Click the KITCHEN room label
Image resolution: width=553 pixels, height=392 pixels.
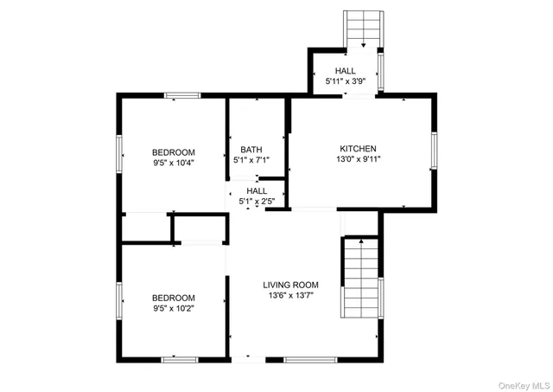point(358,148)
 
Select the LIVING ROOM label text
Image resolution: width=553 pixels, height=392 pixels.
point(291,285)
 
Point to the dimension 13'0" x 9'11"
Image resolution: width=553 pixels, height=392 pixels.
point(358,159)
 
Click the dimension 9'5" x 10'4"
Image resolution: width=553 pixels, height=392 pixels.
point(174,162)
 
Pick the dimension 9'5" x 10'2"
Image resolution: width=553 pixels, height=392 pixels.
point(174,308)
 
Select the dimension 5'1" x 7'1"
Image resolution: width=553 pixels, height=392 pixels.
point(251,160)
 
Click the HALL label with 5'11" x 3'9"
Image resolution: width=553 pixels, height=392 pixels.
point(345,71)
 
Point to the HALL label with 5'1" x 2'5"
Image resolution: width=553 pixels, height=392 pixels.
point(257,190)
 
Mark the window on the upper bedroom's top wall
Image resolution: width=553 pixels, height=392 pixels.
point(182,95)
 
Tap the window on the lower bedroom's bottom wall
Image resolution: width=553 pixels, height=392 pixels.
point(180,358)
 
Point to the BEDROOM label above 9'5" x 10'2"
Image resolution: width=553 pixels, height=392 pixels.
point(174,297)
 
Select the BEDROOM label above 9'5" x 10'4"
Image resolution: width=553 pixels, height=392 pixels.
point(174,151)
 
